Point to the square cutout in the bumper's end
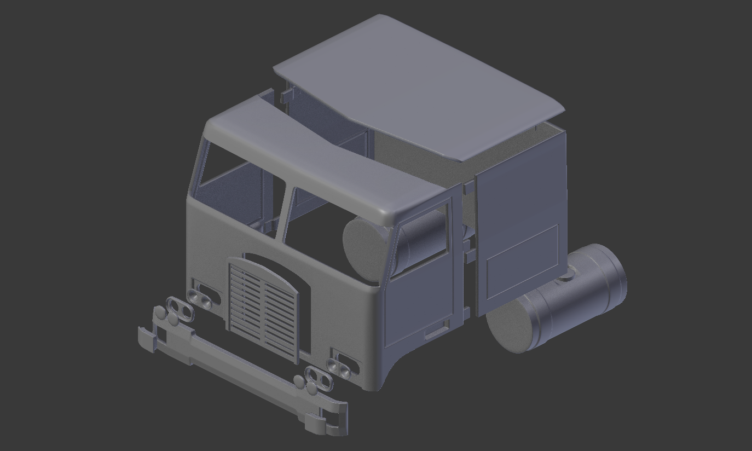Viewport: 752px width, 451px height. click(161, 336)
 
